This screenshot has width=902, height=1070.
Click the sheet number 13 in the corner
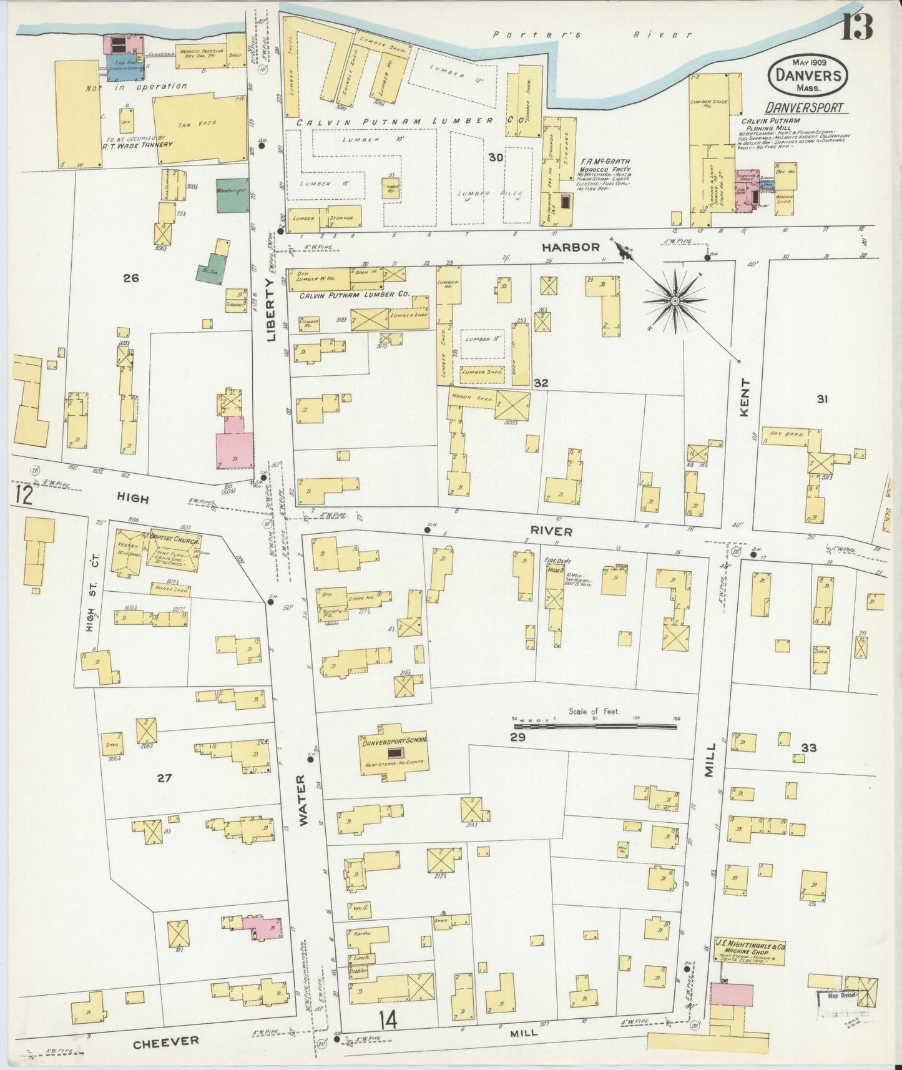[x=856, y=27]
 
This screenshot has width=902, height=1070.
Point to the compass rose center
[x=675, y=301]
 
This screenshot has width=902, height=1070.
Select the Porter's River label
[x=592, y=35]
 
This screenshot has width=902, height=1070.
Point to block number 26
[x=130, y=278]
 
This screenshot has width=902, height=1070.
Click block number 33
[x=809, y=747]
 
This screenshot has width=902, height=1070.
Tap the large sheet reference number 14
[x=387, y=1021]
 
